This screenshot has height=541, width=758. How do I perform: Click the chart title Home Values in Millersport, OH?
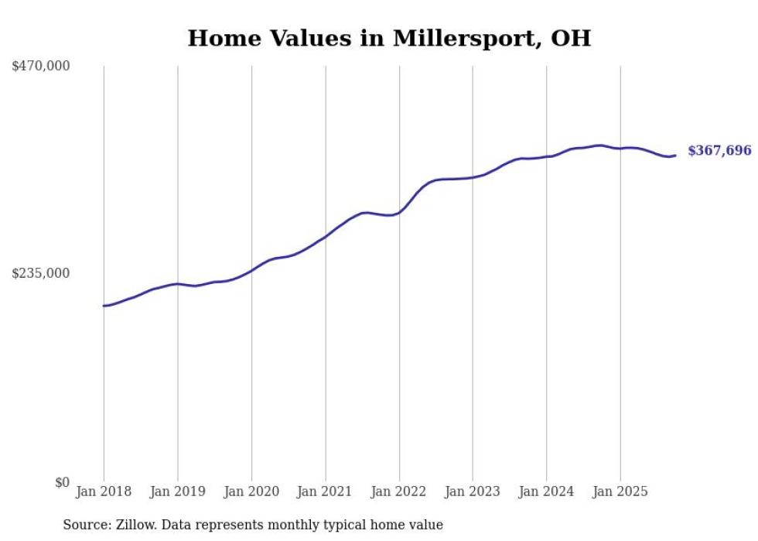[x=389, y=38]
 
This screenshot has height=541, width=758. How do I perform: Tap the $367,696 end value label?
[x=719, y=151]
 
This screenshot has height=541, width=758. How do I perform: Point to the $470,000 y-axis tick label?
[x=41, y=67]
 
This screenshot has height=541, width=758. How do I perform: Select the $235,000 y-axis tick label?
[x=41, y=273]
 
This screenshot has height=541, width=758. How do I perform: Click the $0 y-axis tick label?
[x=62, y=482]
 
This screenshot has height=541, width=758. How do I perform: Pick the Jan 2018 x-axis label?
[x=104, y=491]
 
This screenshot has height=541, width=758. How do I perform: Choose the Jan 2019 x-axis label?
[x=177, y=491]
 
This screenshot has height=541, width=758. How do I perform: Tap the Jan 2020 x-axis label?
[x=251, y=491]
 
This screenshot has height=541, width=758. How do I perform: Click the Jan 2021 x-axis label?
[x=325, y=491]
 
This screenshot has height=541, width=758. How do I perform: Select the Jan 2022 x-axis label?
[x=399, y=491]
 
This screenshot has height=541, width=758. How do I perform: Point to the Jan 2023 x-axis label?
[x=473, y=491]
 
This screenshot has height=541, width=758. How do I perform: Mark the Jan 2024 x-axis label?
[x=547, y=491]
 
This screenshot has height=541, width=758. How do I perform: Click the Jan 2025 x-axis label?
[x=620, y=491]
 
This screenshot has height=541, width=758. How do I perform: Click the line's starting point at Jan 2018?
[x=104, y=306]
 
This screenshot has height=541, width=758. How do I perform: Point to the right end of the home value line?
[x=675, y=156]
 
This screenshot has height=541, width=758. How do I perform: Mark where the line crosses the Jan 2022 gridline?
[x=399, y=211]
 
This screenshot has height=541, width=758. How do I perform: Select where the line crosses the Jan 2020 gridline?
[x=251, y=270]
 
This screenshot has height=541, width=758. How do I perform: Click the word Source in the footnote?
[x=84, y=525]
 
